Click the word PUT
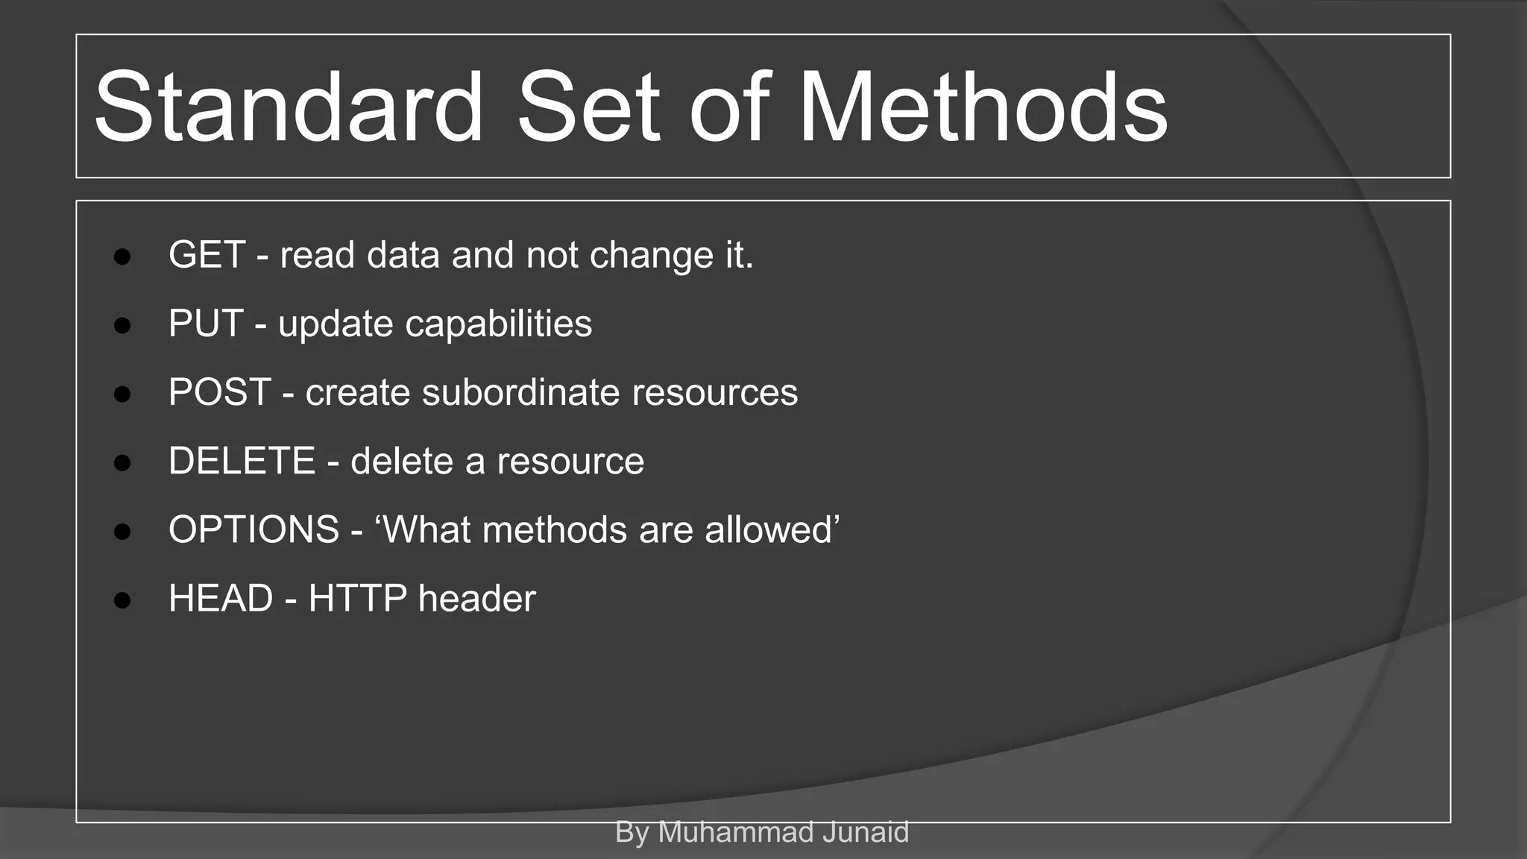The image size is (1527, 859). (x=206, y=324)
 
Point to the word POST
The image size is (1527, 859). (x=219, y=392)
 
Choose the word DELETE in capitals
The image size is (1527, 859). (x=242, y=461)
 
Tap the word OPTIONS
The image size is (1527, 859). (x=254, y=530)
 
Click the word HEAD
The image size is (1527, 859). (x=221, y=599)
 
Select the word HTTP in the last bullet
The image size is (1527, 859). (x=358, y=599)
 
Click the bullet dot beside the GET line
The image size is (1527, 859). (x=122, y=257)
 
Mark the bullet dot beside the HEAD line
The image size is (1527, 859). (x=122, y=601)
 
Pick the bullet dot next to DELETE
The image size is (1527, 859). (x=122, y=463)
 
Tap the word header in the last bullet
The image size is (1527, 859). (x=477, y=599)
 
